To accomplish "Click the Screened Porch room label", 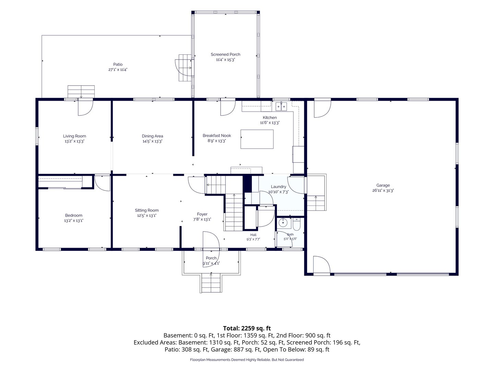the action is [225, 54].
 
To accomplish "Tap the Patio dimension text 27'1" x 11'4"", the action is [118, 70].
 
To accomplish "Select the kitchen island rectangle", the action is [257, 139].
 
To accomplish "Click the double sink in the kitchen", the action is [281, 106].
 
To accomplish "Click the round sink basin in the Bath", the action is [282, 223].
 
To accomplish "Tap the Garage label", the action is [383, 185].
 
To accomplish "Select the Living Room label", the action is [74, 136].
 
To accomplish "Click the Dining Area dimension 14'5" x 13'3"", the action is [152, 141].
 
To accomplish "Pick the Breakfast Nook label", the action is [217, 135].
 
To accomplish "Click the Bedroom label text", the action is [74, 215].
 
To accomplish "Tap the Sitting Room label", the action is [146, 210].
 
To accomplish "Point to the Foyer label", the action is [202, 214].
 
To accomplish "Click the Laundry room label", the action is [279, 187].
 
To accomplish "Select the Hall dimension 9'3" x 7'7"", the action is [253, 239].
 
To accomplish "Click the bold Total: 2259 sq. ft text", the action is [247, 328].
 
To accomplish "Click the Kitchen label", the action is [270, 118].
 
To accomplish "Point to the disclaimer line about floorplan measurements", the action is [247, 360].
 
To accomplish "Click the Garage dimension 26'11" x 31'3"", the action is [383, 190].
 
